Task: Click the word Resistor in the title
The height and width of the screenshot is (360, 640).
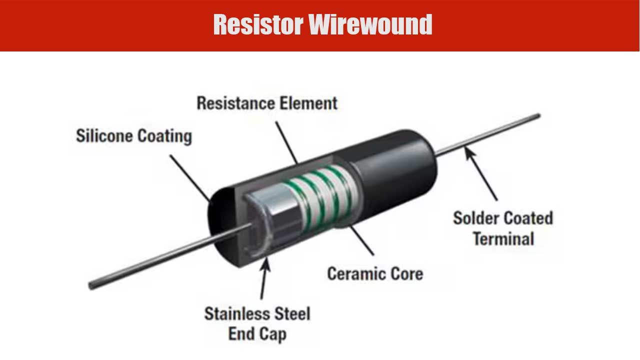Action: tap(257, 24)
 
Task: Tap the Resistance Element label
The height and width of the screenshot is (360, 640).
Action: tap(266, 103)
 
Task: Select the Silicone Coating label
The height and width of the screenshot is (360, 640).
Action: tap(133, 136)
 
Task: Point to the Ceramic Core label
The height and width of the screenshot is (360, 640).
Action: tap(374, 273)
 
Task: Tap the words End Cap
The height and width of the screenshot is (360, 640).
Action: tap(257, 333)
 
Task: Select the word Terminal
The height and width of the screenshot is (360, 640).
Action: tap(503, 238)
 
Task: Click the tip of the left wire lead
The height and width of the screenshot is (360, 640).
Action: tap(91, 286)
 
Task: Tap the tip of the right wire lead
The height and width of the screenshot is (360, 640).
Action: tap(538, 116)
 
